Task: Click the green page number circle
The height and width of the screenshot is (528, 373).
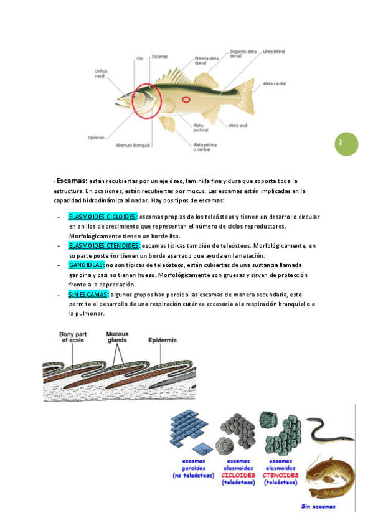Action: (346, 144)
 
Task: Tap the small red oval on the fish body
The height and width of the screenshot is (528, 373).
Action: (186, 100)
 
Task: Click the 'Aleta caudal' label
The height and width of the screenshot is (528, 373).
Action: (275, 83)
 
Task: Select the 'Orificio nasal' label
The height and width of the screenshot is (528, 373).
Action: (101, 73)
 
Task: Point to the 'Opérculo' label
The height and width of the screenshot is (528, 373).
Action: (97, 138)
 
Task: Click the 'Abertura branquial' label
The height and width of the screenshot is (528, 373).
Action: (133, 146)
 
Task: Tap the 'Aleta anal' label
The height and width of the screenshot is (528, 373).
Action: (238, 125)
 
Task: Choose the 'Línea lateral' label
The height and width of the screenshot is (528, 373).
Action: (274, 52)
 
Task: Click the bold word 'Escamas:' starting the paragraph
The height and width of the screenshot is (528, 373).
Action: (72, 181)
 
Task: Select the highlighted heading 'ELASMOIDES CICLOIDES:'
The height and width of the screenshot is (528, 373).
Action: (103, 217)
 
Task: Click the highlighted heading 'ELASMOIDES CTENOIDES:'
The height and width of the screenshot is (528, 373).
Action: (105, 246)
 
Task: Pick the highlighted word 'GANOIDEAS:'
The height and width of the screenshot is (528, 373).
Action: (87, 265)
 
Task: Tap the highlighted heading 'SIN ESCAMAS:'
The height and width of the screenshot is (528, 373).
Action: (88, 295)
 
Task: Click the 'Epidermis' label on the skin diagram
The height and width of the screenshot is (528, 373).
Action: (163, 341)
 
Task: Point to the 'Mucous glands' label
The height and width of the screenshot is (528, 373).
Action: (117, 337)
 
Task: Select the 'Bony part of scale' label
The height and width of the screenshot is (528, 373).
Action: (73, 337)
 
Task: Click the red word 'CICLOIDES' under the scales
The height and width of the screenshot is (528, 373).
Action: (238, 475)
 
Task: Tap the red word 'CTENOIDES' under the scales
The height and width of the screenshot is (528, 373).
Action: (280, 475)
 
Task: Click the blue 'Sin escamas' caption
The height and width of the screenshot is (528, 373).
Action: (318, 506)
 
